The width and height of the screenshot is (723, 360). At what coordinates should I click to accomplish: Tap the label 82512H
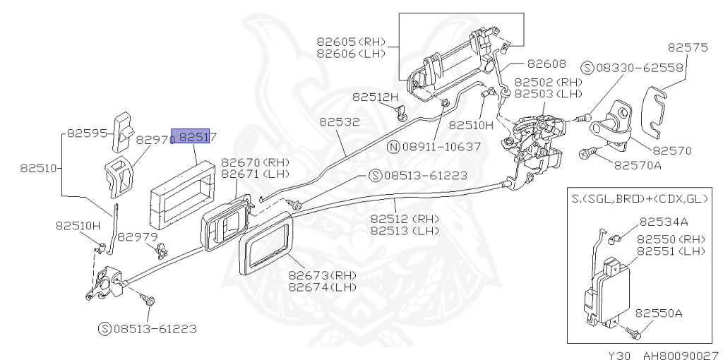(375, 97)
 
